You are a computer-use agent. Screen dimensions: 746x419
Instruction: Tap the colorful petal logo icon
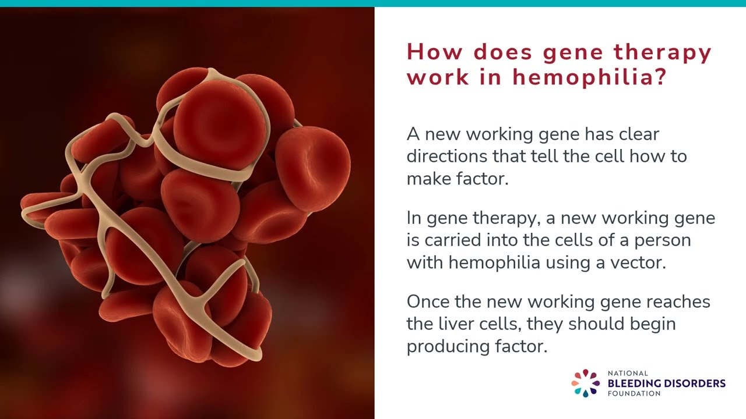[x=586, y=383]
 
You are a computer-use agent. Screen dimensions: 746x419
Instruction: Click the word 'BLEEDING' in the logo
[x=634, y=383]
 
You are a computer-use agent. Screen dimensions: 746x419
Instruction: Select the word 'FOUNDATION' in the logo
[x=634, y=394]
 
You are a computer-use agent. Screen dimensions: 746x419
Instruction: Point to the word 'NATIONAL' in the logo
[x=628, y=373]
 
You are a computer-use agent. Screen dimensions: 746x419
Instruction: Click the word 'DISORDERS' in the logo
[x=695, y=383]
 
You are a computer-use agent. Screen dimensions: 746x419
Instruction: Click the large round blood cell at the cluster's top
[x=220, y=124]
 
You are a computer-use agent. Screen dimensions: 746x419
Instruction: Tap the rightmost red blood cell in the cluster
[x=313, y=168]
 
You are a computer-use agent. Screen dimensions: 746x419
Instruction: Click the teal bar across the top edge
[x=373, y=3]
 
